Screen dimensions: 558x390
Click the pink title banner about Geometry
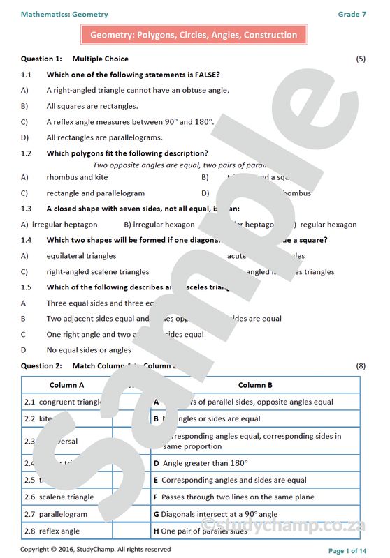pyautogui.click(x=194, y=35)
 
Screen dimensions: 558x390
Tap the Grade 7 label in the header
pyautogui.click(x=352, y=14)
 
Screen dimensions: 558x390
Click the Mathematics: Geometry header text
pyautogui.click(x=64, y=14)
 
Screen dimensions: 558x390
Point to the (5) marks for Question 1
pyautogui.click(x=361, y=59)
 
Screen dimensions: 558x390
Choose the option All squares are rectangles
pyautogui.click(x=92, y=106)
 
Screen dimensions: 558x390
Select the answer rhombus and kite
pyautogui.click(x=77, y=177)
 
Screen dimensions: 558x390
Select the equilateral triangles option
pyautogui.click(x=81, y=256)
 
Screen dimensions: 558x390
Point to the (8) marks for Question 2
pyautogui.click(x=361, y=365)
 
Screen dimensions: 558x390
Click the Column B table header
pyautogui.click(x=255, y=385)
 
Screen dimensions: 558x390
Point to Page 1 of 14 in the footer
pyautogui.click(x=347, y=551)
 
